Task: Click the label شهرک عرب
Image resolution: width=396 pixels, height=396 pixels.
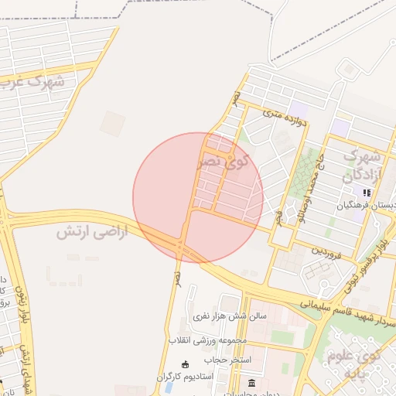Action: pos(34,80)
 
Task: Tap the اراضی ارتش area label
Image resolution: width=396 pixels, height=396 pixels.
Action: pos(80,231)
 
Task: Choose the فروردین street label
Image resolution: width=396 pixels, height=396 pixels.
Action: pos(326,252)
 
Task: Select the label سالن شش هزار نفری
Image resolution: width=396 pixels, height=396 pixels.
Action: pos(230,316)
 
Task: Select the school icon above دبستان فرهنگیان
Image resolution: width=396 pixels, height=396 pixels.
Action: pos(367,193)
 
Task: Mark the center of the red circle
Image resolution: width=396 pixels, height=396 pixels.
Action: pos(198,198)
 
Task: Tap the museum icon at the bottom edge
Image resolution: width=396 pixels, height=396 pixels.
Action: pos(252,384)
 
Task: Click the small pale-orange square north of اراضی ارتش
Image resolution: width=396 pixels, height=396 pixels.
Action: pos(112,124)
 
